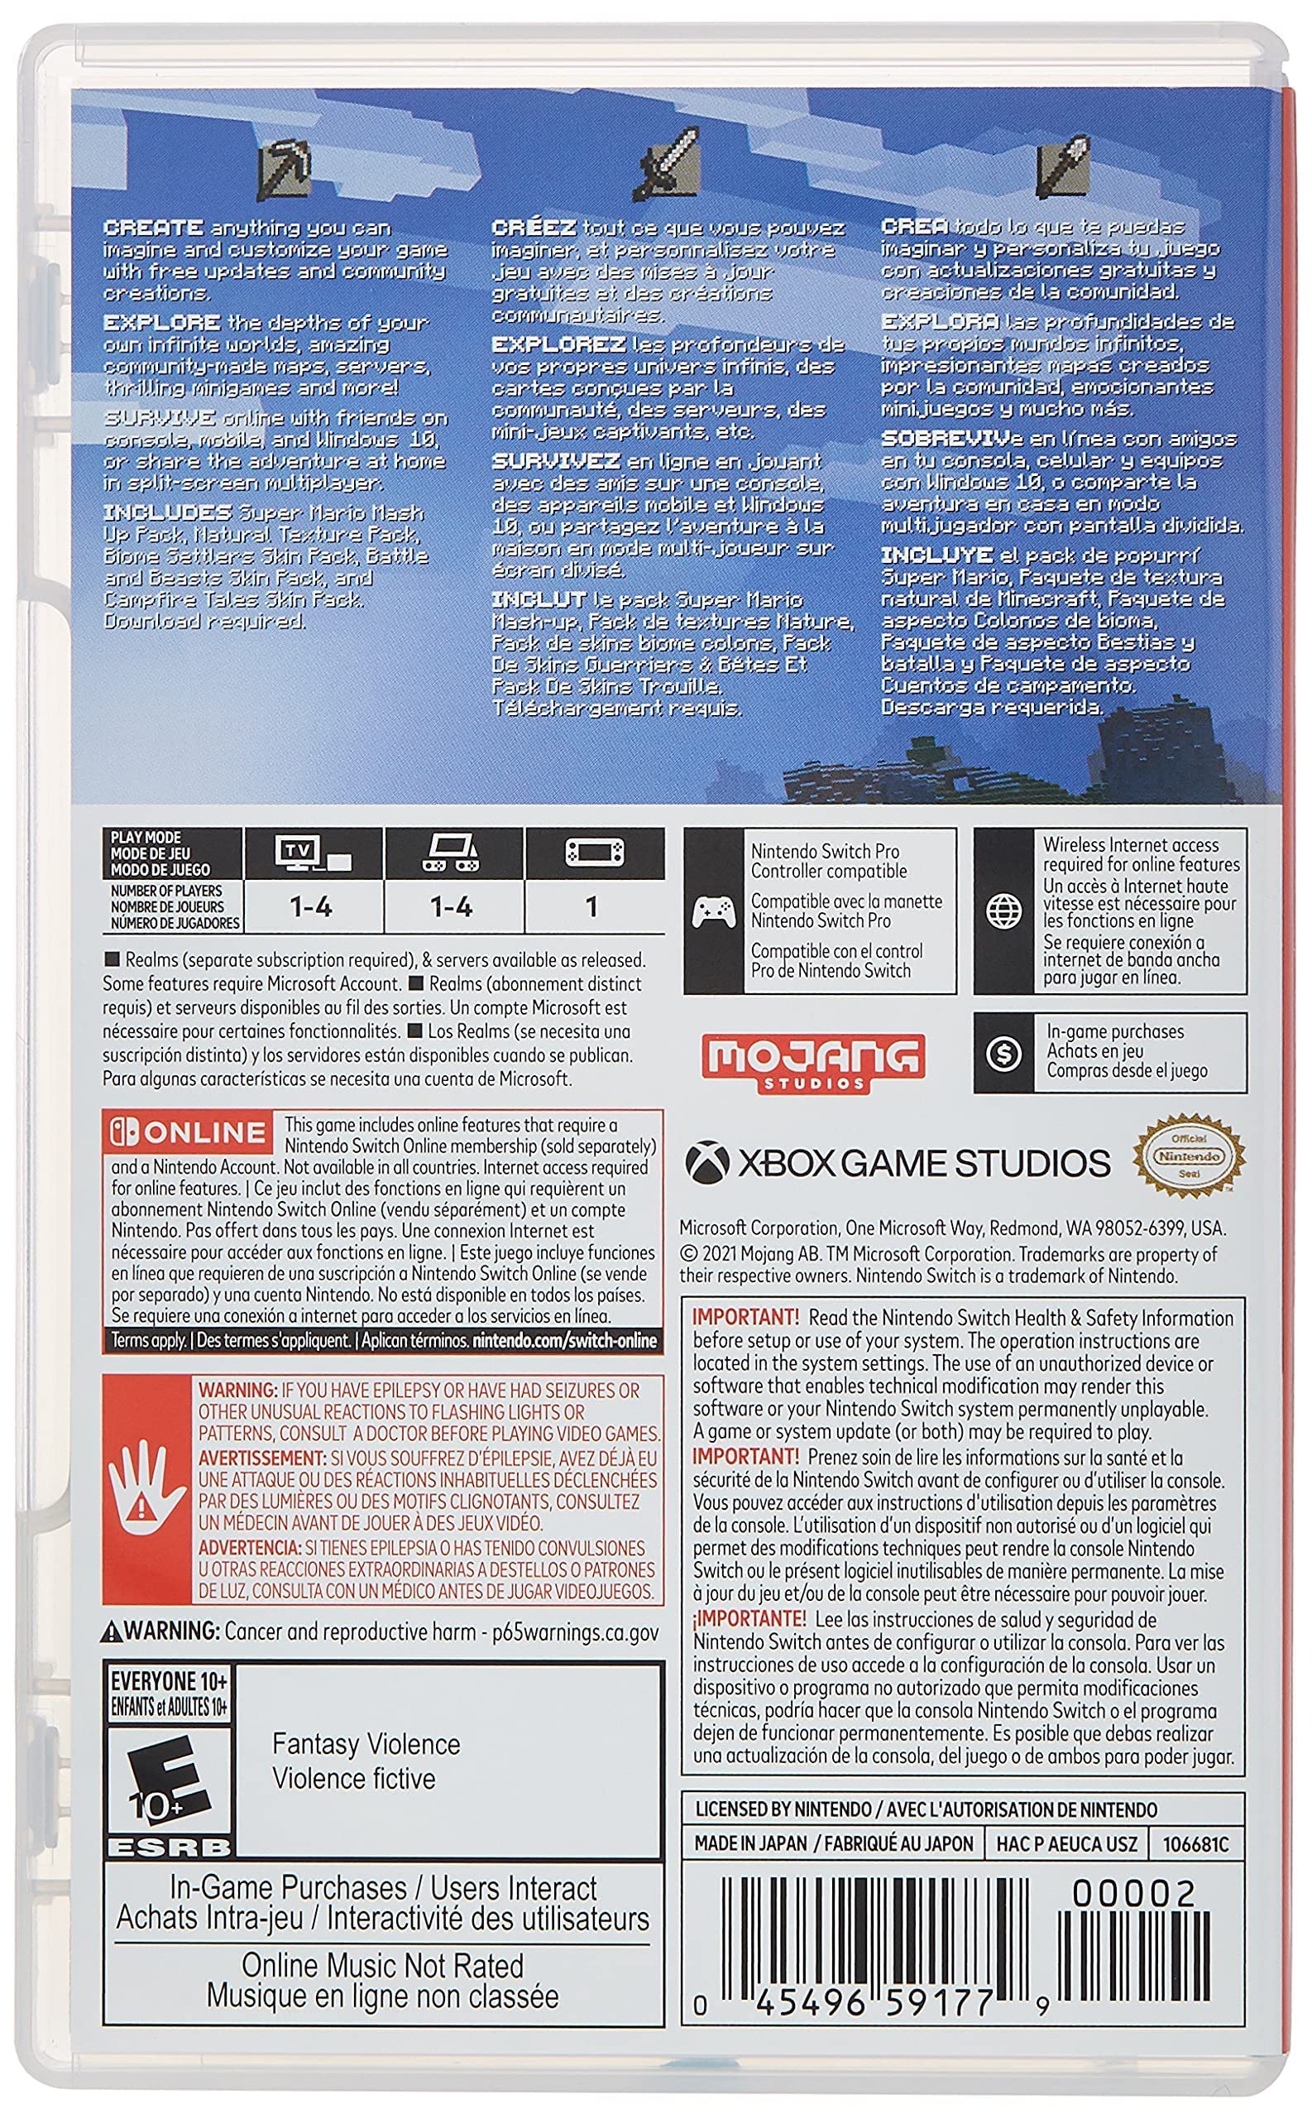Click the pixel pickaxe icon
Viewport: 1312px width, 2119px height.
[x=285, y=166]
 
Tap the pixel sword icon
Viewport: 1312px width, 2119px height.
[x=668, y=162]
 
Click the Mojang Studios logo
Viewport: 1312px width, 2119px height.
[x=813, y=1061]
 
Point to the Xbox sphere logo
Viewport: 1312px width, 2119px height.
[x=707, y=1161]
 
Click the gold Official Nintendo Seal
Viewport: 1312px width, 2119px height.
[x=1189, y=1157]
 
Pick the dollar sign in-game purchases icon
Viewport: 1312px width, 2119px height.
[x=1004, y=1053]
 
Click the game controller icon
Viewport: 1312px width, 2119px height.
[x=714, y=911]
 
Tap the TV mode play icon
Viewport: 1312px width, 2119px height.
[x=314, y=853]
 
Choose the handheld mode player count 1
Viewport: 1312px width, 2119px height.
[x=591, y=907]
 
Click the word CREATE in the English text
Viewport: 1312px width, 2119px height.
[x=153, y=228]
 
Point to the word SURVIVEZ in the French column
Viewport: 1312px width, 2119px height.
[x=555, y=461]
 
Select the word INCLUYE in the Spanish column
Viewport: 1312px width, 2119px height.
[x=936, y=555]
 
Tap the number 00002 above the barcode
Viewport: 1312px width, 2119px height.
[x=1132, y=1892]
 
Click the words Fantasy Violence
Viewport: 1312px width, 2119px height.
[x=366, y=1743]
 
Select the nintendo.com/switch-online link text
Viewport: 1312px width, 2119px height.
[x=564, y=1340]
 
